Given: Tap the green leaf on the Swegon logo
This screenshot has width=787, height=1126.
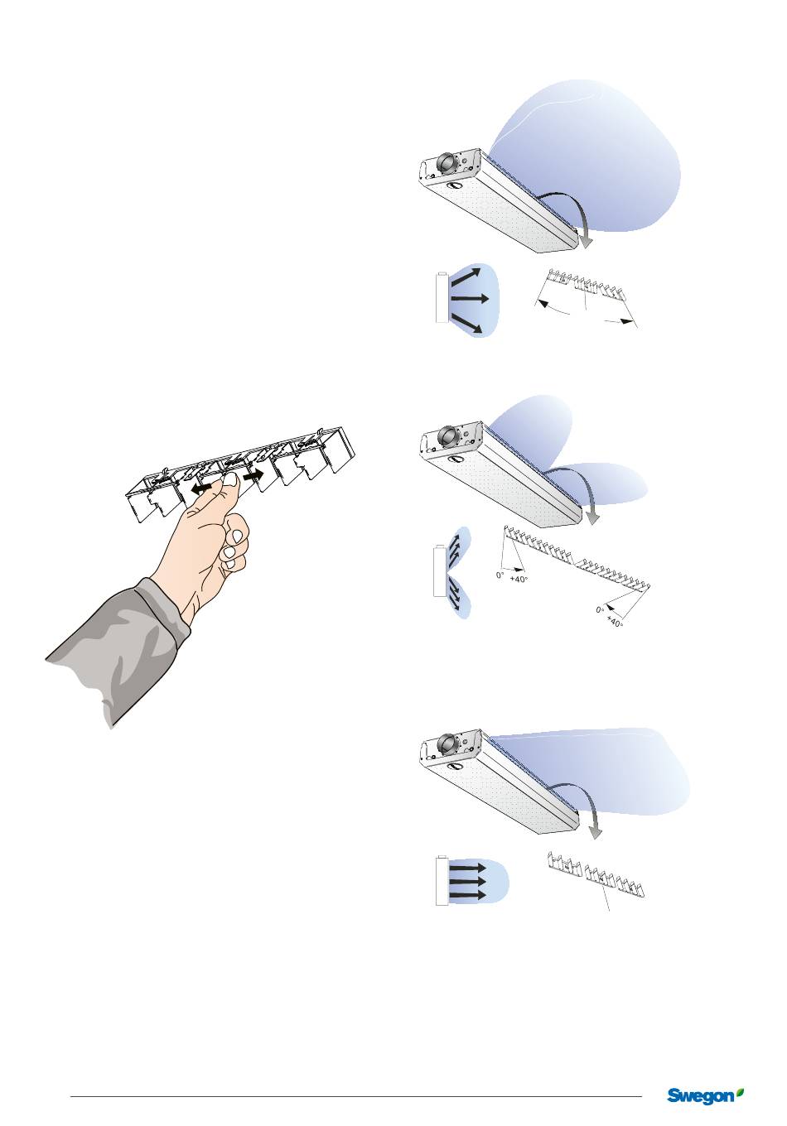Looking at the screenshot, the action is point(739,1087).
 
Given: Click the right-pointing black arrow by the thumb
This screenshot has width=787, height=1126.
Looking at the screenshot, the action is point(253,474).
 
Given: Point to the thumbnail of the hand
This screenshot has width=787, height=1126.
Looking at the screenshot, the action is point(231,481).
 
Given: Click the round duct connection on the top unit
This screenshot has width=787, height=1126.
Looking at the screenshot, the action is point(446,162).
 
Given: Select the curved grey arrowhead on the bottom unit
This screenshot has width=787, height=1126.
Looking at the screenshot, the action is point(595,832).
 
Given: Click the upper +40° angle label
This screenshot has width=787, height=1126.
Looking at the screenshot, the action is point(519,580).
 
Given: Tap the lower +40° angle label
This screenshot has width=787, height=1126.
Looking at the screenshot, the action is point(615,621).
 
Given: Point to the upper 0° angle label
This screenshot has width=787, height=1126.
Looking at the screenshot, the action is point(500,575).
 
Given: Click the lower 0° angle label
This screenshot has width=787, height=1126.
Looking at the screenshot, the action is point(600,609).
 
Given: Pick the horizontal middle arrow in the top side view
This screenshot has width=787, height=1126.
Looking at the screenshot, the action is point(471,299).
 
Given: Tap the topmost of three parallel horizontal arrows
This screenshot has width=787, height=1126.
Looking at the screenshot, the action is point(467,869).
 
